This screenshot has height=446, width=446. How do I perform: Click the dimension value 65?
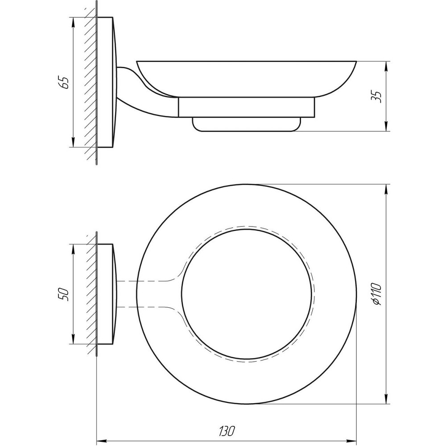point(65,83)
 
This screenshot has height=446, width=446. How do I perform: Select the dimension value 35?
point(377,96)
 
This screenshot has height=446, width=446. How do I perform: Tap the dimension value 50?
point(65,294)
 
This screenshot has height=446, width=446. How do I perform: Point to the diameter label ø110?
point(377,294)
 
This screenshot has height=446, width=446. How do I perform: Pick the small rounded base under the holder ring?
point(245,124)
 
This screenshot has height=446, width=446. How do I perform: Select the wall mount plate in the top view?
point(106,294)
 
